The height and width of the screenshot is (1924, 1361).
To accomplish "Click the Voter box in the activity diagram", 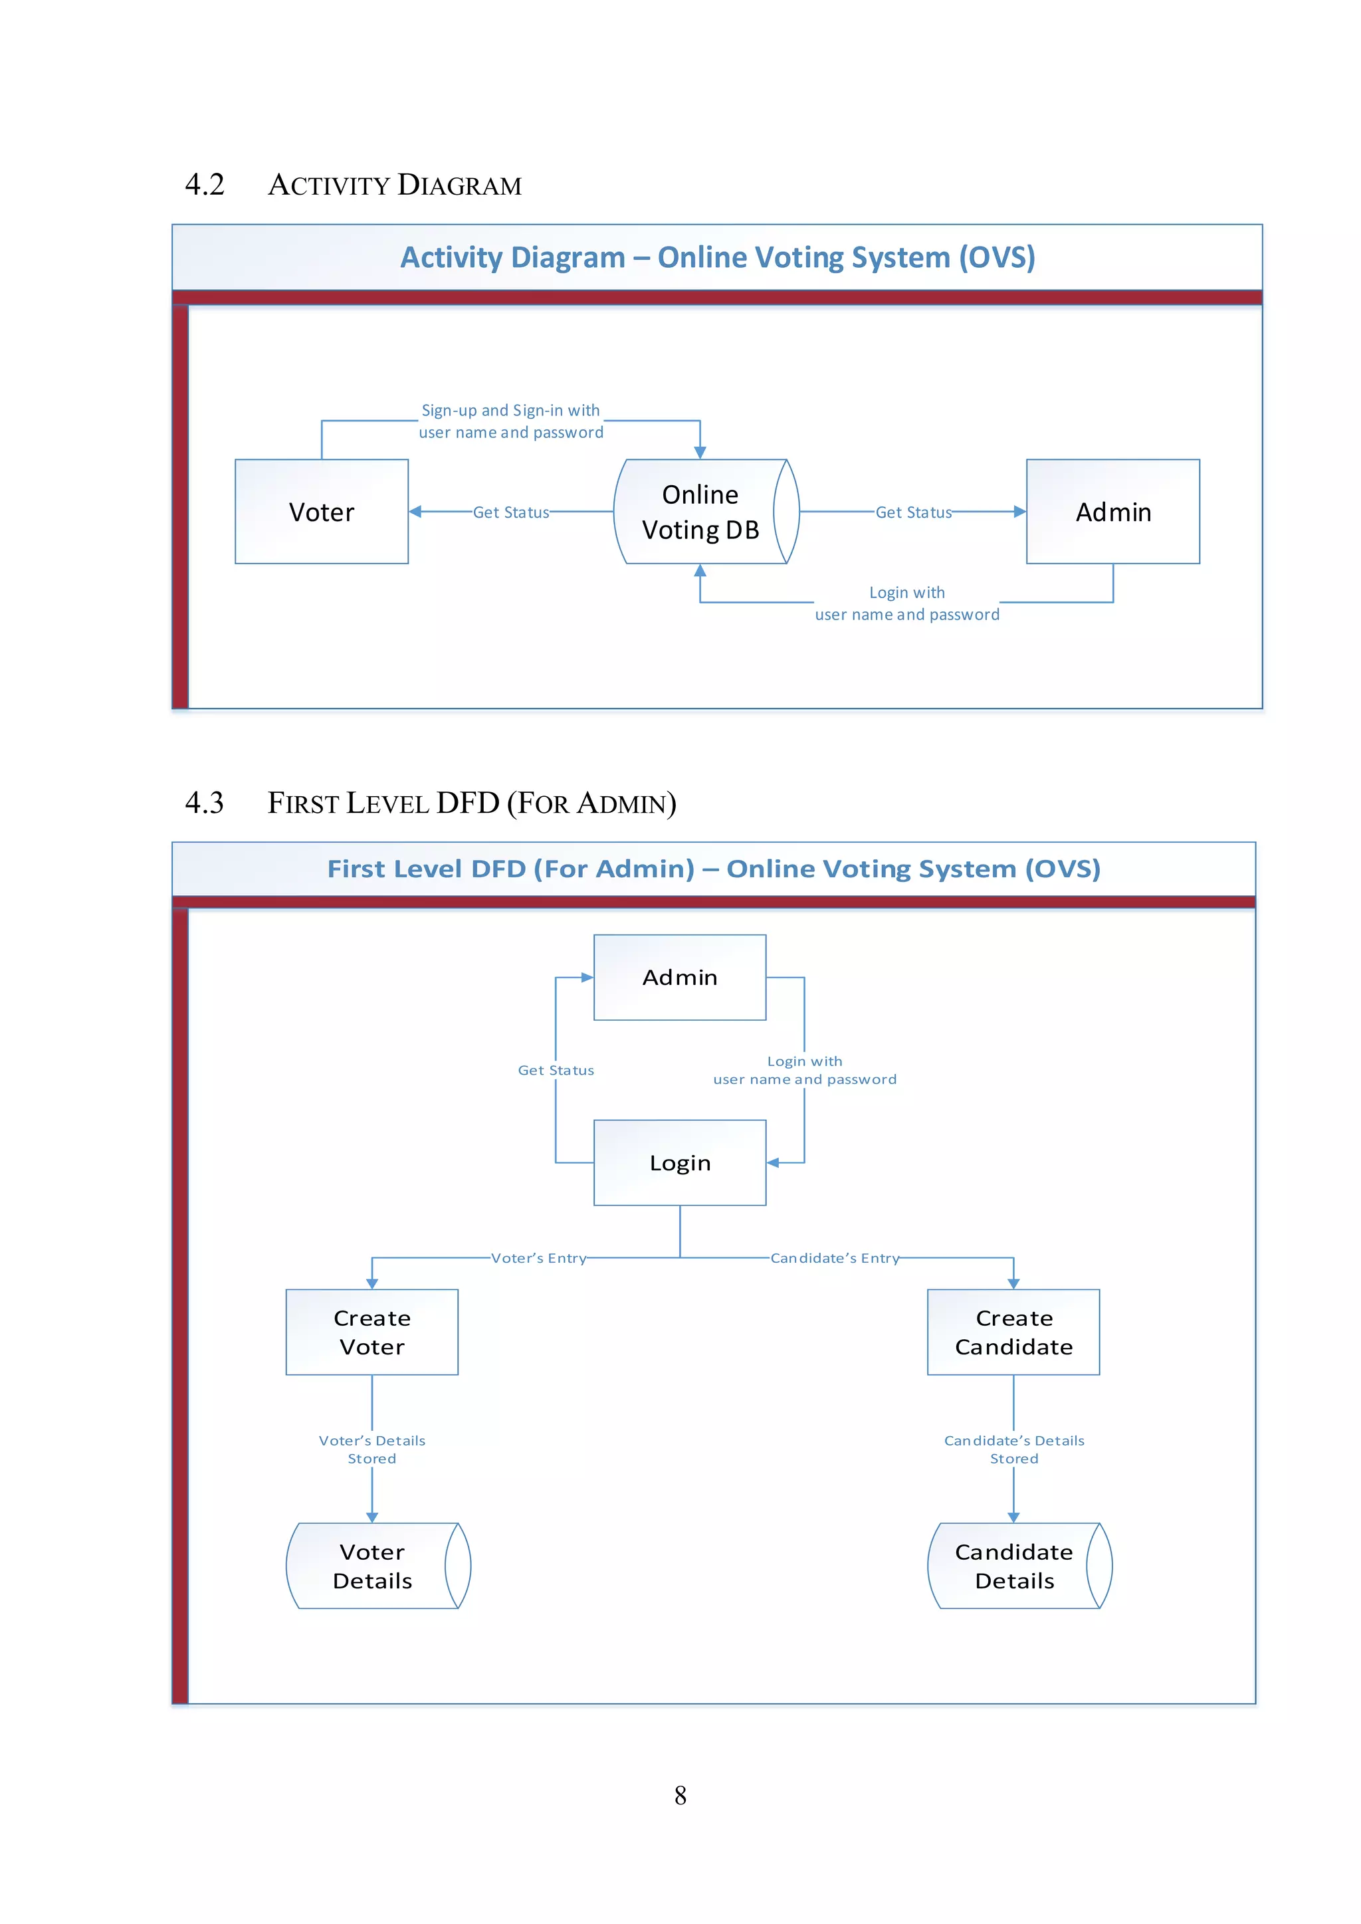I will click(x=321, y=511).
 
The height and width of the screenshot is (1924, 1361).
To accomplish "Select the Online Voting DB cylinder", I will click(x=700, y=511).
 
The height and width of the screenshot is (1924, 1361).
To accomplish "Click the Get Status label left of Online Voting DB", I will click(x=510, y=512).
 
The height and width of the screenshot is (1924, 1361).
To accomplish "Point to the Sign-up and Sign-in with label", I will click(x=510, y=411).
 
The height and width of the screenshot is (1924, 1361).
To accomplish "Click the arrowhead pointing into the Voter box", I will click(x=415, y=511).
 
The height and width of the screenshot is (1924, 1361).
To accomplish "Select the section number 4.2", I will click(x=205, y=184).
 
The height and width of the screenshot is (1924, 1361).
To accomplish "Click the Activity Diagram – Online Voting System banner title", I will click(x=717, y=257).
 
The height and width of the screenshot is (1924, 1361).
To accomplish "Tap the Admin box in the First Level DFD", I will click(x=680, y=977).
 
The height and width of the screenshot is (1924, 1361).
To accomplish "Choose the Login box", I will click(x=680, y=1162).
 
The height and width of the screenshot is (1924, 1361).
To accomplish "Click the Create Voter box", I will click(x=372, y=1332).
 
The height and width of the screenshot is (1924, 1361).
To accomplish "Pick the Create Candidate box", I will click(x=1013, y=1332).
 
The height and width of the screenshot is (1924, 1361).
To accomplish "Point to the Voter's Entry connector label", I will click(x=538, y=1258).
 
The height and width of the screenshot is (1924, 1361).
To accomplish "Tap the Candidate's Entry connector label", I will click(x=835, y=1258).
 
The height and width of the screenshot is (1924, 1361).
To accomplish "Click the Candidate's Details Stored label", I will click(x=1014, y=1449).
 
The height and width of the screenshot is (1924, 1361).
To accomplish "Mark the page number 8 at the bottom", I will click(x=680, y=1795).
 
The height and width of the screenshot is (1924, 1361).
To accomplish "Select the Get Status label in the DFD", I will click(x=556, y=1070).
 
